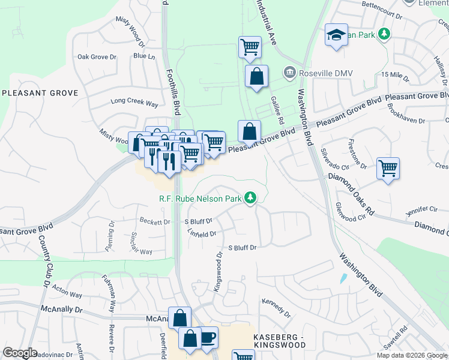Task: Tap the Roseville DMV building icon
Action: pos(289,73)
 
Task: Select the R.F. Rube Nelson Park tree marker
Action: pos(250,197)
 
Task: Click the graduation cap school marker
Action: pos(337,35)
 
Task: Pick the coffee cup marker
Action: pos(208,337)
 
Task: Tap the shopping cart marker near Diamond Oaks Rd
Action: pos(388,168)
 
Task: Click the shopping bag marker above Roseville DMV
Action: pos(256,77)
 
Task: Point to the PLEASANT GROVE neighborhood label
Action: pos(40,93)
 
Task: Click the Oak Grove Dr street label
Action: pos(96,57)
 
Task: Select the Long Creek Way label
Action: pos(134,104)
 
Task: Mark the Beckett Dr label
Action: pos(155,221)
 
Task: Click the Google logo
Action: pos(20,353)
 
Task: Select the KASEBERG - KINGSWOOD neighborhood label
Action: pos(279,341)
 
